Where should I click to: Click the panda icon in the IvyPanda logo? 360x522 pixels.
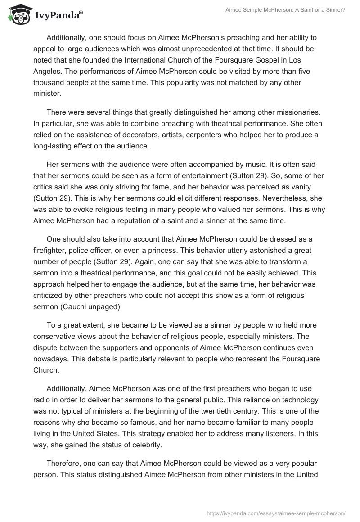click(18, 15)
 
